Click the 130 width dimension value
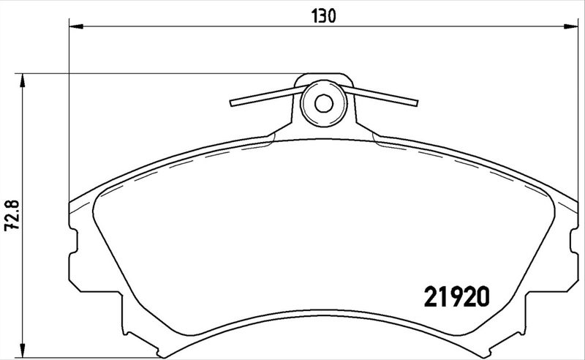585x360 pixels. coord(325,15)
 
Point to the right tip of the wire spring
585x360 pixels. coord(415,104)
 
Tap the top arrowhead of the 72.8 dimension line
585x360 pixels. coord(23,79)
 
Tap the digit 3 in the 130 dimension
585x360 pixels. coord(325,15)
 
